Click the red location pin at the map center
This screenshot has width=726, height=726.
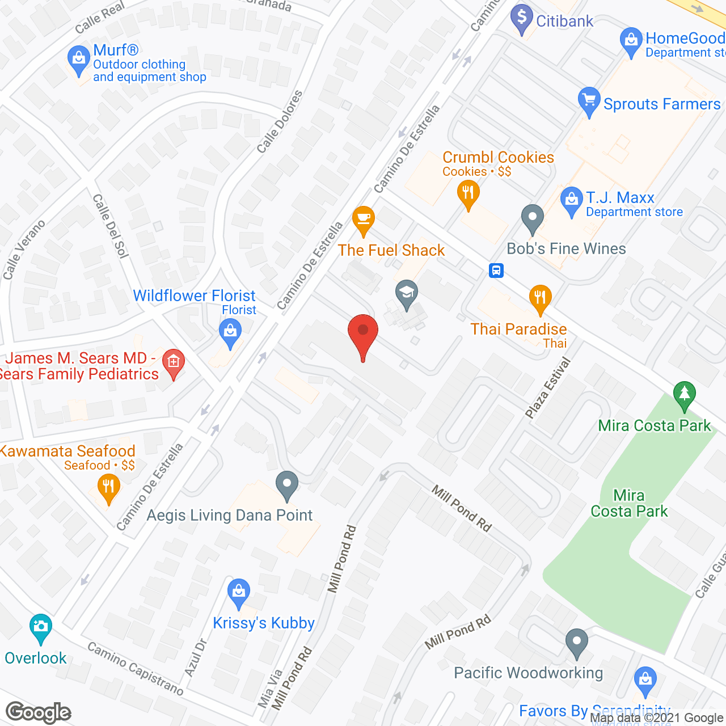362,332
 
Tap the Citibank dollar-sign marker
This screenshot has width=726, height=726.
521,18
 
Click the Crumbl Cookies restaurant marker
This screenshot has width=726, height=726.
468,193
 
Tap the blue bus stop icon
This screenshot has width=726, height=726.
496,270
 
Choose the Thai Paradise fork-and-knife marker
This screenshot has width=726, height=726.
540,298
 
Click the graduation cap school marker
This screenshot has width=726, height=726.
406,293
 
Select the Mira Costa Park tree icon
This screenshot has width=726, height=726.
684,394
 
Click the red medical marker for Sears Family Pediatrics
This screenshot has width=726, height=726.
174,362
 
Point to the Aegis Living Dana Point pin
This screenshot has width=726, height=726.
287,484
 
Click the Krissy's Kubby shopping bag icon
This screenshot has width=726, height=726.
239,592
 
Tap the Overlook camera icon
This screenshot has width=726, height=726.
40,627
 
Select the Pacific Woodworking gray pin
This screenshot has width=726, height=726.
576,642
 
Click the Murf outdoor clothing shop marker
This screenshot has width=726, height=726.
78,59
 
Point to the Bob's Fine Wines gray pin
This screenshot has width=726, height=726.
532,217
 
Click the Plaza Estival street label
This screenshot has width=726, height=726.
547,389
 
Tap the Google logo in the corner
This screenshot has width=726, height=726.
39,712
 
